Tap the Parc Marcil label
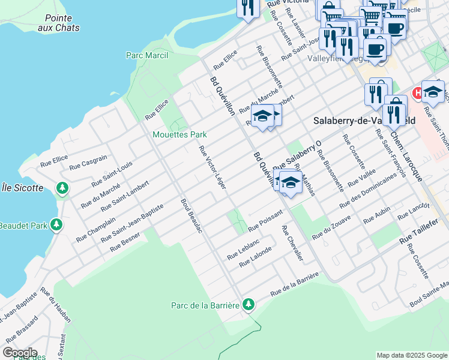(x=147, y=55)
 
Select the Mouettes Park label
(x=179, y=134)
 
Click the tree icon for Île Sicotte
(x=62, y=188)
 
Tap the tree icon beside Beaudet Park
(x=56, y=225)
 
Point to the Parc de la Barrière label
(x=205, y=305)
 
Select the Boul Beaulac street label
(x=191, y=216)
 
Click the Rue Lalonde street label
(x=256, y=257)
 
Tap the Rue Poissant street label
(x=265, y=221)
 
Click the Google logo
(x=20, y=353)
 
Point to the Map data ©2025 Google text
(x=411, y=355)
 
